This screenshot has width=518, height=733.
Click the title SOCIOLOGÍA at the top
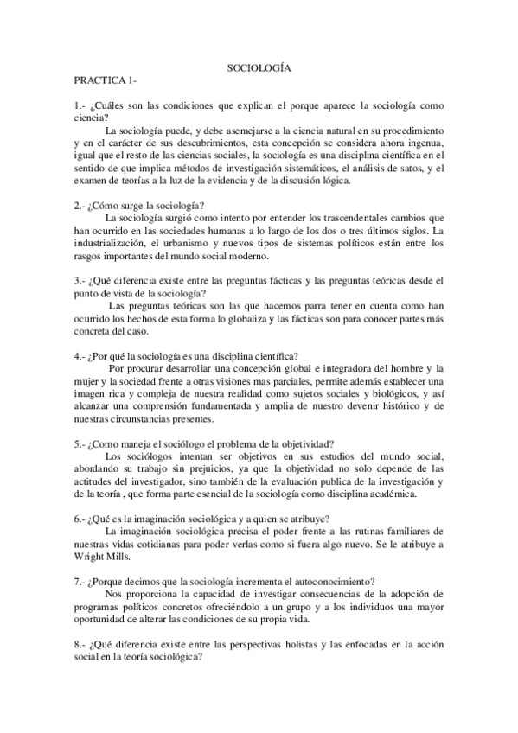[259, 67]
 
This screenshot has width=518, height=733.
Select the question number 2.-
[80, 206]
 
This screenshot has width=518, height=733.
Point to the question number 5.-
[80, 443]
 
